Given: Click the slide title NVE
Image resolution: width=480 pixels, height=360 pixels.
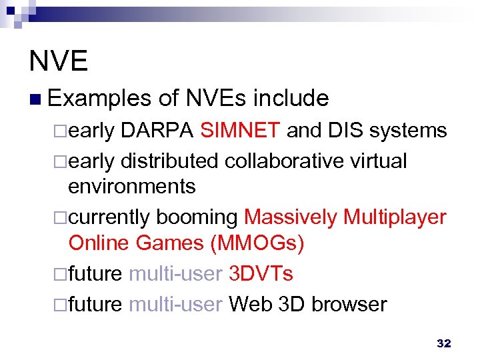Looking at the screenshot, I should point(59,61).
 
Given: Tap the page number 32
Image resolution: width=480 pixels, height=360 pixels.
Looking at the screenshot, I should point(443,343).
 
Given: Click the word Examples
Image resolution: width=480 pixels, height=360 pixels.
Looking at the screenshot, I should point(100,99).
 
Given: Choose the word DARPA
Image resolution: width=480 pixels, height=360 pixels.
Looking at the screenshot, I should point(157,131).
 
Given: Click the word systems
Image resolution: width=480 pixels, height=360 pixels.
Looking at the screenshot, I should point(408,131).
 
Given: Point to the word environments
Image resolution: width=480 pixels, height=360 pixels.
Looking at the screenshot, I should point(132,186).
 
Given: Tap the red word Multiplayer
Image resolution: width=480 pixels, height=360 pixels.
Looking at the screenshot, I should point(394,217).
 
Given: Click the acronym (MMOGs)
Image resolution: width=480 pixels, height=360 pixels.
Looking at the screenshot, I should point(257,243).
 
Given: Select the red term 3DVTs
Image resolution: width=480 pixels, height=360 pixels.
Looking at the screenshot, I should point(261,274).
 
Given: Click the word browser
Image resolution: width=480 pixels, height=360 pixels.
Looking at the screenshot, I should point(349,304).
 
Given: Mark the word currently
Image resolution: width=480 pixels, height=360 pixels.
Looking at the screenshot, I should point(111,217).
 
